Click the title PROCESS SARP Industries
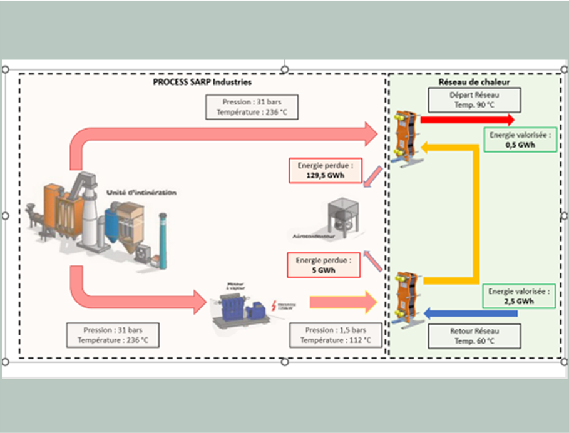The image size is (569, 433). [x=202, y=82]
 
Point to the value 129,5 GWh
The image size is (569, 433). [x=325, y=176]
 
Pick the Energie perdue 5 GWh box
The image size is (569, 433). [x=324, y=265]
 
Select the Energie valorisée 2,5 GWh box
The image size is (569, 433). [x=520, y=296]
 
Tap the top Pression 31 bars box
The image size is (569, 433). [x=252, y=107]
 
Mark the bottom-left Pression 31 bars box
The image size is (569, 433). [x=113, y=335]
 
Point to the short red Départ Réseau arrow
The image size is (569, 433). [x=467, y=120]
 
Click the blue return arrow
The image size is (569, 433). [x=470, y=312]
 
